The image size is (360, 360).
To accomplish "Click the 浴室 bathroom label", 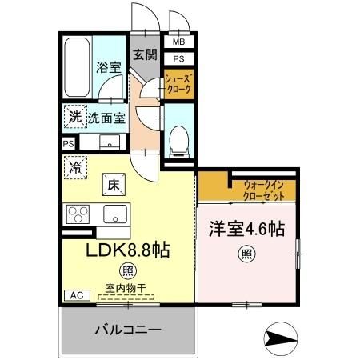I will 110,68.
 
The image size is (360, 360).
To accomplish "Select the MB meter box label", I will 178,42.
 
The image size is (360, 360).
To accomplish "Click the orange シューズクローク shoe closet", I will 178,84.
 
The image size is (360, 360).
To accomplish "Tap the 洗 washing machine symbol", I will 74,117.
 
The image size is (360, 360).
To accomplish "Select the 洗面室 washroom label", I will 106,118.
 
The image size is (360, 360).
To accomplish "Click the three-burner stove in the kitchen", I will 80,214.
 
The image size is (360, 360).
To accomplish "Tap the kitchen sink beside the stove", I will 114,214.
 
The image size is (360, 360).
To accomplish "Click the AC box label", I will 76,295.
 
